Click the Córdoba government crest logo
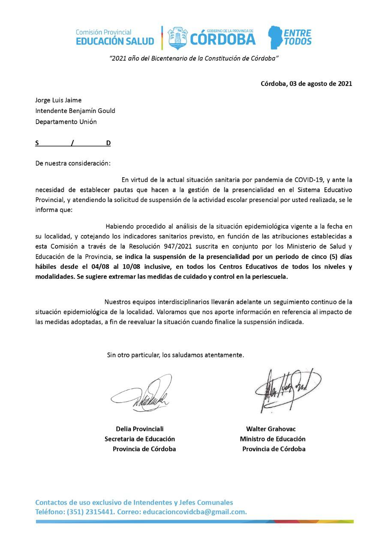(x=177, y=39)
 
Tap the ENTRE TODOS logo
(x=290, y=38)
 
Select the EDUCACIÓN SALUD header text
(x=114, y=41)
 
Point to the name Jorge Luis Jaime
(x=58, y=100)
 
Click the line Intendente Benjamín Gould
(x=75, y=111)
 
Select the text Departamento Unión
(x=66, y=122)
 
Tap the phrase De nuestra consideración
(x=73, y=163)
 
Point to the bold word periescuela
(x=269, y=277)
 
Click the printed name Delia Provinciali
(x=140, y=429)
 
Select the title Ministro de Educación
(x=273, y=439)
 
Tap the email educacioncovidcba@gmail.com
(x=195, y=512)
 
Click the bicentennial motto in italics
(x=194, y=58)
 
